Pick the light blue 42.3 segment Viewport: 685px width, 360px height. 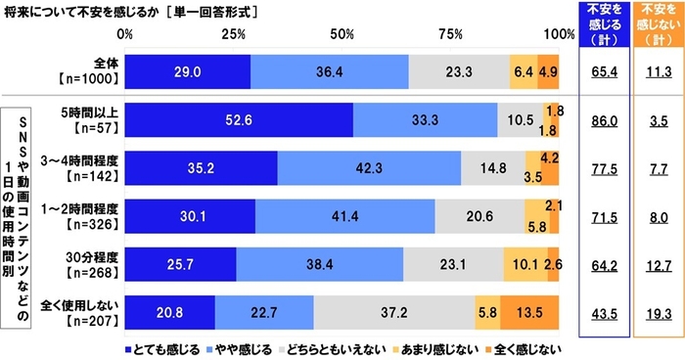pyautogui.click(x=369, y=168)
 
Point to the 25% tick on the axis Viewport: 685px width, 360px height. pyautogui.click(x=234, y=34)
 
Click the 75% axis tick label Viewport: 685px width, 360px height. pyautogui.click(x=451, y=34)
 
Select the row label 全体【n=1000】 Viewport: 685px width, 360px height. pyautogui.click(x=87, y=71)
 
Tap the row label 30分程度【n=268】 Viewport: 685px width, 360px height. pyautogui.click(x=87, y=264)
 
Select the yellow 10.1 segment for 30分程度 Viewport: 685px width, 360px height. pyautogui.click(x=525, y=264)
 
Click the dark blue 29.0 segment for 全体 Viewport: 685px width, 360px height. pyautogui.click(x=190, y=71)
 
